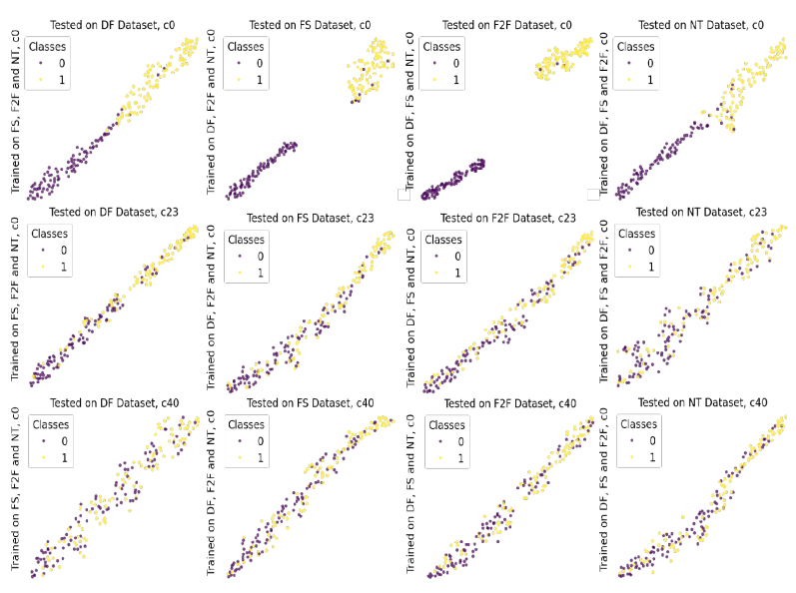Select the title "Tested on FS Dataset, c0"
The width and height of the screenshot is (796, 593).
tap(307, 25)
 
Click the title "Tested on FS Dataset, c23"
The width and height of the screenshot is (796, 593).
tap(307, 218)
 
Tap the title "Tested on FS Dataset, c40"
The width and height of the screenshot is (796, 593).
tap(308, 402)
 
